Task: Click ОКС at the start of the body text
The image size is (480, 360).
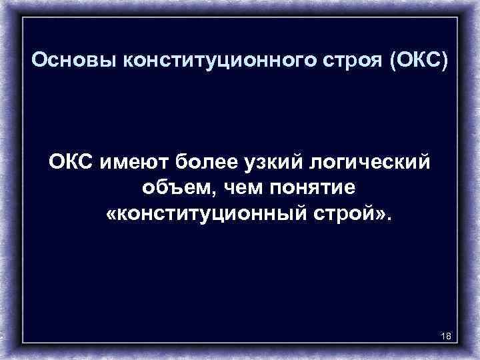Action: tap(73, 162)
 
